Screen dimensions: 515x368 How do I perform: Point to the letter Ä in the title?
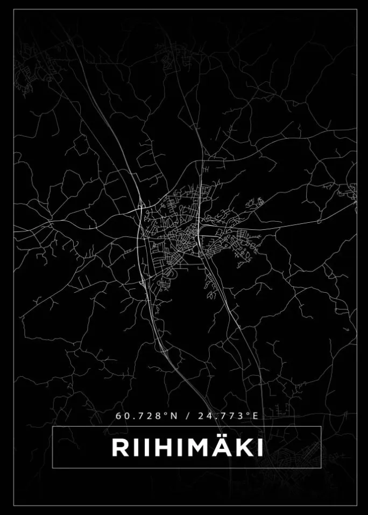point(221,448)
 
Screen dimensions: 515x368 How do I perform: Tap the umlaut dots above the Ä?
point(221,437)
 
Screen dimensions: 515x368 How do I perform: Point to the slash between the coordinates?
point(187,416)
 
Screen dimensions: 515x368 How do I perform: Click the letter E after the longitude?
point(256,416)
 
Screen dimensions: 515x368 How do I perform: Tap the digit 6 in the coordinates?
point(118,416)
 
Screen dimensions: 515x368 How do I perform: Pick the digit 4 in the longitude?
point(207,416)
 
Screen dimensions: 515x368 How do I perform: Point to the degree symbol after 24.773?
point(249,414)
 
